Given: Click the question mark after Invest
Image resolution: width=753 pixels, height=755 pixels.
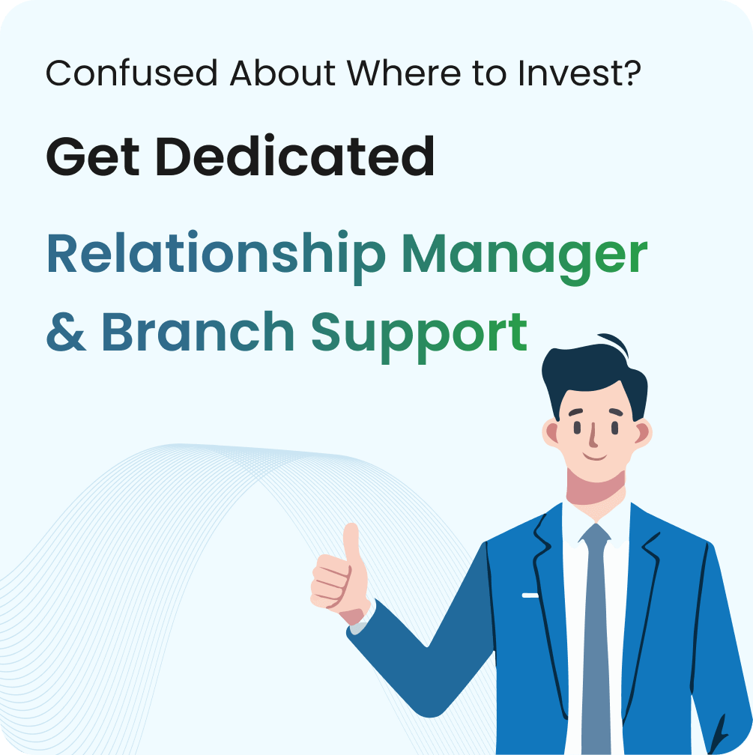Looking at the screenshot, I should click(x=632, y=73).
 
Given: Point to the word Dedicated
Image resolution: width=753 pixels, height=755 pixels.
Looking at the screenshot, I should click(x=295, y=157).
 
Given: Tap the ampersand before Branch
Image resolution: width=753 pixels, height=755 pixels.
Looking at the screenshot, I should click(x=67, y=332).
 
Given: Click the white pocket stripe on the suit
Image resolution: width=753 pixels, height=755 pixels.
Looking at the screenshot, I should click(x=530, y=595).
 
